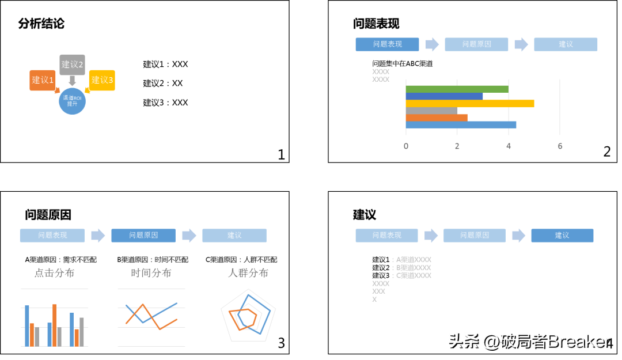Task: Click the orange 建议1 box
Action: click(x=41, y=80)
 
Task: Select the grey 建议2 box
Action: click(x=72, y=65)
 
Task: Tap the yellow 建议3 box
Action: click(x=103, y=80)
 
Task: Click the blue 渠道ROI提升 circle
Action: click(x=72, y=101)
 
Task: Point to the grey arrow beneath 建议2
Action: click(x=72, y=81)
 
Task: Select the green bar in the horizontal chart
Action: click(x=457, y=89)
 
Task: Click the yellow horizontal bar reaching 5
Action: click(x=469, y=104)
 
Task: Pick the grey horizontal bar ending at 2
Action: click(x=431, y=111)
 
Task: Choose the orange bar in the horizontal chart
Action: click(x=437, y=118)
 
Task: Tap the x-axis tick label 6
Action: click(x=560, y=146)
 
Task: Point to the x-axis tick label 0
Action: click(x=406, y=146)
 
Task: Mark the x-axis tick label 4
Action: click(x=509, y=146)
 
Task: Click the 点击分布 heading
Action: click(x=54, y=273)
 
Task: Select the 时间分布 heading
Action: click(x=151, y=273)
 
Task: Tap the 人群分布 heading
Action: click(x=248, y=273)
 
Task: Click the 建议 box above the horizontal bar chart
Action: click(x=566, y=44)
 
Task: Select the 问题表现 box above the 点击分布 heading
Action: click(x=52, y=235)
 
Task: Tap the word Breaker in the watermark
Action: click(x=578, y=341)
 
